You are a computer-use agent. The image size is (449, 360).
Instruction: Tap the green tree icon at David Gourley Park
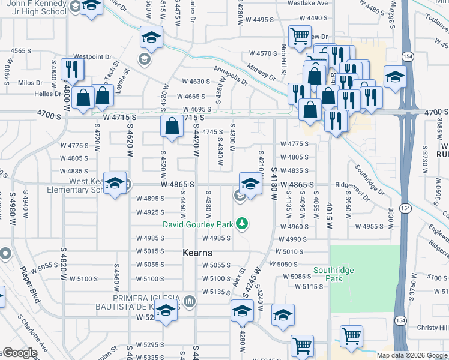(242, 224)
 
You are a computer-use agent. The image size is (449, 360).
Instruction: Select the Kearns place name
(199, 253)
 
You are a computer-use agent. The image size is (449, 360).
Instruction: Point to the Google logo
(20, 353)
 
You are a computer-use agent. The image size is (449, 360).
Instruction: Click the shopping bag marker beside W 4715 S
(172, 127)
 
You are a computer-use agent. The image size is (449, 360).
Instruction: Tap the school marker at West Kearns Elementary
(115, 184)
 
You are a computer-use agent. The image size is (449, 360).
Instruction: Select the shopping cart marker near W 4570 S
(299, 36)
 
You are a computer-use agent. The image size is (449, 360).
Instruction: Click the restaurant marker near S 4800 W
(72, 70)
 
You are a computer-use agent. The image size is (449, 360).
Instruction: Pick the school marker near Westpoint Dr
(152, 37)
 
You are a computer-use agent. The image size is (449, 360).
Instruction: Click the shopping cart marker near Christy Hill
(351, 336)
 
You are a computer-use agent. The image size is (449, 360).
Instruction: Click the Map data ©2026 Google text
(411, 355)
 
